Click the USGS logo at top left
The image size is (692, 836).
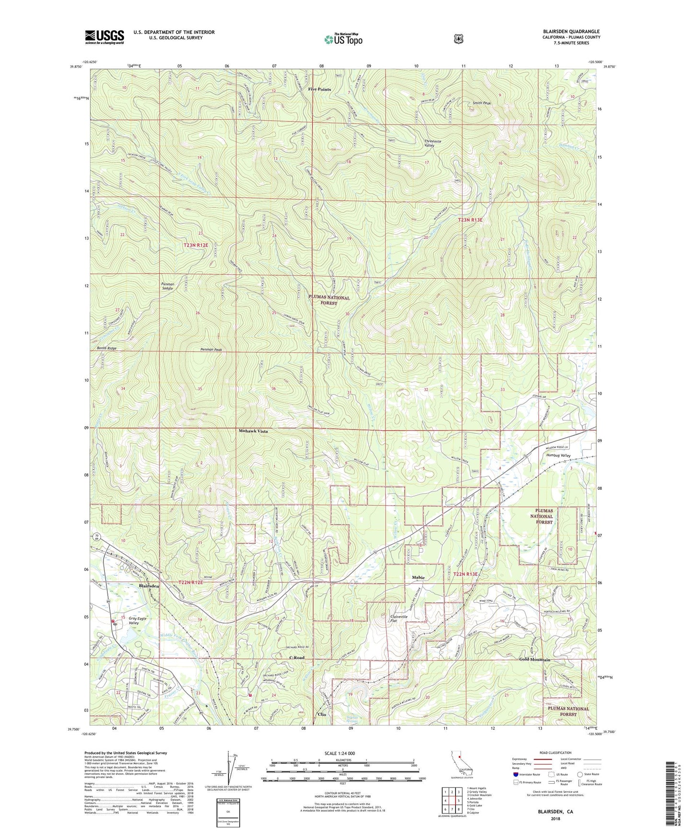coord(104,37)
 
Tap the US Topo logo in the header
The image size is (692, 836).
coord(343,39)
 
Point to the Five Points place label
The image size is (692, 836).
coord(319,90)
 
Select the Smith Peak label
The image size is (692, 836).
coord(482,103)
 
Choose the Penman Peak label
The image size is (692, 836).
coord(211,350)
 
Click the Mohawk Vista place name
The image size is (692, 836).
coord(253,431)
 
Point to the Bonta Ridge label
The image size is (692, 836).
coord(106,348)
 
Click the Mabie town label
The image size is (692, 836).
coord(418,577)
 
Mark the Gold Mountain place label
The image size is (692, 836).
coord(534,659)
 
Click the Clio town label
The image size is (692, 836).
coord(322,714)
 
